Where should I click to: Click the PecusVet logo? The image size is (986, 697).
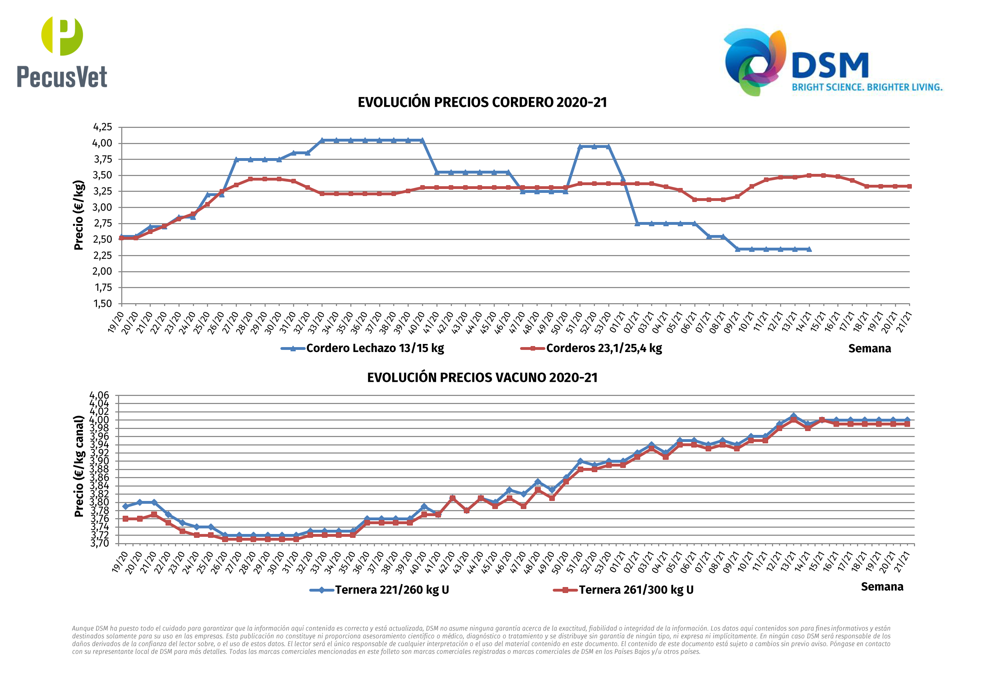coord(62,52)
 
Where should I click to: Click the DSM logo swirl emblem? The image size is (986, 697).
coord(755,61)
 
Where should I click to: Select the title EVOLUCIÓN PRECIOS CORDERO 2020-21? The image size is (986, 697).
coord(482,103)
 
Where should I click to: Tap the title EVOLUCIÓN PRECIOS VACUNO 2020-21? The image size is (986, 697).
coord(482,378)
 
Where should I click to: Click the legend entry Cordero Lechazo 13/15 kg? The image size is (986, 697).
coord(375,348)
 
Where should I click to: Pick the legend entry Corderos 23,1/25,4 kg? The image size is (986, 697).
coord(603,348)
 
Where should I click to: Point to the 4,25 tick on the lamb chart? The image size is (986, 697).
coord(103,127)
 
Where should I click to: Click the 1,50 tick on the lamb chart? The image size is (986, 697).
coord(103,304)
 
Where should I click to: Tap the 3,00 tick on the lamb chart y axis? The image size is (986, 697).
coord(103,207)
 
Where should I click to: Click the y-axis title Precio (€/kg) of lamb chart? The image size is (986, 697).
coord(79,215)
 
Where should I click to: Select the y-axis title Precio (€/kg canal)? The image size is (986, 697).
coord(79,466)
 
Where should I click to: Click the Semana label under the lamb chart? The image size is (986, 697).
coord(869,349)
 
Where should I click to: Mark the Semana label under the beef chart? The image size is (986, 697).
coord(882,587)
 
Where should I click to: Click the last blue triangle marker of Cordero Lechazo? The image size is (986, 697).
coord(809,249)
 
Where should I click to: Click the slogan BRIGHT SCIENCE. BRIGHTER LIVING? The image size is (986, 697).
coord(867,87)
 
